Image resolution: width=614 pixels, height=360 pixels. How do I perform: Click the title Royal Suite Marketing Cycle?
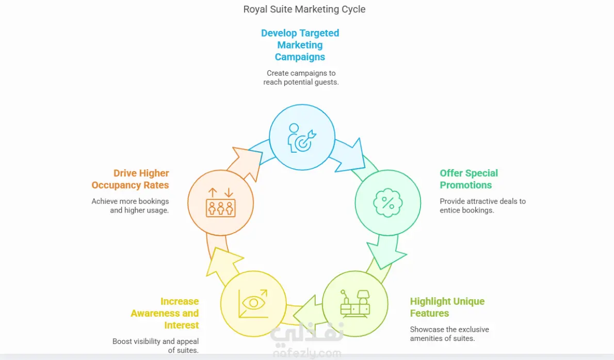click(x=304, y=9)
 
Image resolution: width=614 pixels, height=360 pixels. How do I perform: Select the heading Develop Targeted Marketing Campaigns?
click(x=300, y=45)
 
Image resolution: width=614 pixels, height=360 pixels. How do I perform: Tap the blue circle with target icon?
click(x=302, y=137)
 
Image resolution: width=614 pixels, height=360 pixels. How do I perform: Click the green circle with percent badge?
click(x=387, y=202)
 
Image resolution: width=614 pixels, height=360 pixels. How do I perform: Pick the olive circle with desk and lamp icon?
click(x=355, y=304)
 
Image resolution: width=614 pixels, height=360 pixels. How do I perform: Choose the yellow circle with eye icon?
click(x=253, y=304)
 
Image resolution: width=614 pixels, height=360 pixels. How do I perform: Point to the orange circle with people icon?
click(x=220, y=202)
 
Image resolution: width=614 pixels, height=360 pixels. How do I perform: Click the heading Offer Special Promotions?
click(x=468, y=179)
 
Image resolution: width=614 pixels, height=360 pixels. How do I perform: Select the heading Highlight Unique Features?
click(x=447, y=307)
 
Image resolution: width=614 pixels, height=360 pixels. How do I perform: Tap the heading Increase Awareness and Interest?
click(x=165, y=313)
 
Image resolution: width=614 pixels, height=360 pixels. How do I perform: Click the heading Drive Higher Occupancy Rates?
click(x=131, y=179)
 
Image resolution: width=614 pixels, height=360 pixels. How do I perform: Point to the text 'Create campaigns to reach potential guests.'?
click(x=301, y=78)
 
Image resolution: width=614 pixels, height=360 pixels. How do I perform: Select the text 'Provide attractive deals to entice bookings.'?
click(x=482, y=206)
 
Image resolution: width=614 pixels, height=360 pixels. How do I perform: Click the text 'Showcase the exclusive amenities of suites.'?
click(x=449, y=334)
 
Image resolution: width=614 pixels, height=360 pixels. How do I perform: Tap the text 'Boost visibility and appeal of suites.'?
click(x=156, y=346)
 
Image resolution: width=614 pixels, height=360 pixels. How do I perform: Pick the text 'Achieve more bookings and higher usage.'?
click(x=131, y=206)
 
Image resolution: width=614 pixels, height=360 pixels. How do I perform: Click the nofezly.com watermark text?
click(x=305, y=354)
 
